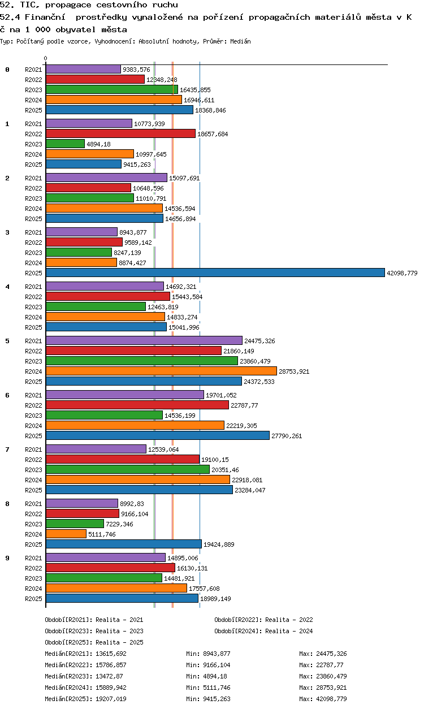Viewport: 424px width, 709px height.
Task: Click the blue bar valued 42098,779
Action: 215,273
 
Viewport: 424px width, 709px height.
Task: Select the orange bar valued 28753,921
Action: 161,371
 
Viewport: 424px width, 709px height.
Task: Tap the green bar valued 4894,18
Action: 66,144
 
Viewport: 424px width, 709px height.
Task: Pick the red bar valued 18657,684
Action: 121,133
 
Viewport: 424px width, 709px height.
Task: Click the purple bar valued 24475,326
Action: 144,340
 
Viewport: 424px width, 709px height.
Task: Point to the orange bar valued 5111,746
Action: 66,534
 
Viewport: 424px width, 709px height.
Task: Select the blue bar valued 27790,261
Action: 158,435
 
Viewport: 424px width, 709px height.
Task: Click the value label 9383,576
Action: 136,70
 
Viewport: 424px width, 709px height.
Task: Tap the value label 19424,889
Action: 219,544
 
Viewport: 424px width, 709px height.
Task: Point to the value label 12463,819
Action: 163,307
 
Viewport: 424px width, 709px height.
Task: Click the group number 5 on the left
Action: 7,341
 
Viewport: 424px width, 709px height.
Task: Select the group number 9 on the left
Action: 7,558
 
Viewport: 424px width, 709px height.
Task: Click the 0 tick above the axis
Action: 46,58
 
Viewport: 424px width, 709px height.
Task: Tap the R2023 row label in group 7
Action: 33,470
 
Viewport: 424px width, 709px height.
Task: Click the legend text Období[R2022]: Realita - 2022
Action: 263,620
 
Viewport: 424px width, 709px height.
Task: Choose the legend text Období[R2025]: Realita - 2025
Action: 94,642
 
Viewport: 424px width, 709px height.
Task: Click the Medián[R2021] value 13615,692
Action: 111,654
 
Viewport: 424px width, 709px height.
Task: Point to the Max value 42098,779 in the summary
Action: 331,699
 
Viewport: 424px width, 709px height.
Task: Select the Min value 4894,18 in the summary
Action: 215,676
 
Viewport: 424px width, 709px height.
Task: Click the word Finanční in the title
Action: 45,17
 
